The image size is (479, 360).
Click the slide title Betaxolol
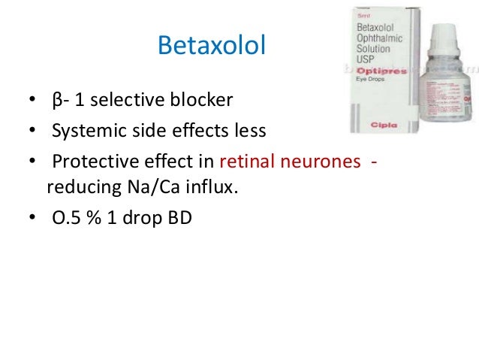tap(211, 47)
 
